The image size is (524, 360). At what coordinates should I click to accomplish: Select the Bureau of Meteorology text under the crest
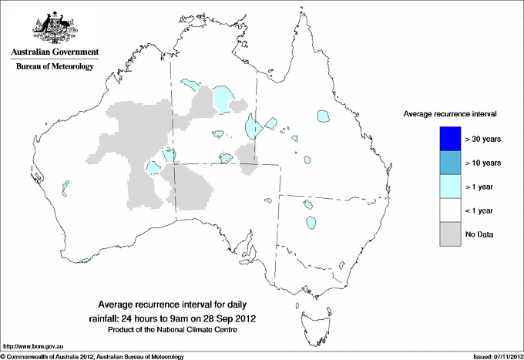coord(55,67)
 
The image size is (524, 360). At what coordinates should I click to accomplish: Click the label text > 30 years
coord(484,140)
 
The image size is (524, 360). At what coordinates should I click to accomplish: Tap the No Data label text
coord(480,234)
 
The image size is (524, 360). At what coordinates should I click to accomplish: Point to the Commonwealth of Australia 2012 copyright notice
coord(92,356)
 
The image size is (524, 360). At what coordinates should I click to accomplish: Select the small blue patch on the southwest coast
coord(85,261)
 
